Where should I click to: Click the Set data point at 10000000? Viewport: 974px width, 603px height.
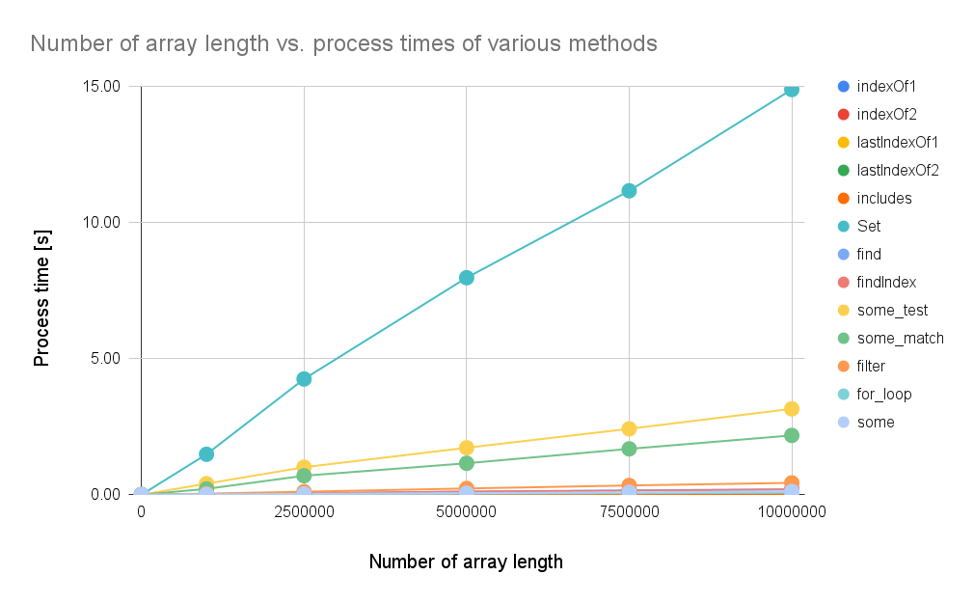(792, 90)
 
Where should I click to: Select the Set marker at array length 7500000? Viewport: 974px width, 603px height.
(629, 191)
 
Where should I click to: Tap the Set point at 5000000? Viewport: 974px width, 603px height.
(467, 278)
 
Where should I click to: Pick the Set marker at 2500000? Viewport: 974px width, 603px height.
(304, 379)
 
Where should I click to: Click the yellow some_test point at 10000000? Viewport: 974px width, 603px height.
(792, 409)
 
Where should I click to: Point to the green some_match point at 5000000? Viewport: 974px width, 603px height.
(467, 463)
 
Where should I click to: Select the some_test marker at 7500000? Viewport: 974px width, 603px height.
(629, 429)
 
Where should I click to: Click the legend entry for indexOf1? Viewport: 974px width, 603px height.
(877, 87)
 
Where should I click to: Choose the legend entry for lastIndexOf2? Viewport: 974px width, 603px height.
(887, 171)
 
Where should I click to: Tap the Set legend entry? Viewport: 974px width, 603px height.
(859, 227)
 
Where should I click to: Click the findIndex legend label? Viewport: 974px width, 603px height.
(886, 283)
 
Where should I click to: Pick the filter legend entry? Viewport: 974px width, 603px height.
(861, 367)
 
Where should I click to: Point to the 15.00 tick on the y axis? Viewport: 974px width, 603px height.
(101, 87)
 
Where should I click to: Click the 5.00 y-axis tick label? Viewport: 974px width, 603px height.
(105, 359)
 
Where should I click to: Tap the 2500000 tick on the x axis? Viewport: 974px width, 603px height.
(304, 512)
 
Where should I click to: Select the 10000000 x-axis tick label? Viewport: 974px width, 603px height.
(792, 512)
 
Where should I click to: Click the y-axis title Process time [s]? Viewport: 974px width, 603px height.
(41, 298)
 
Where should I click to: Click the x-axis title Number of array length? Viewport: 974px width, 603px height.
(466, 562)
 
